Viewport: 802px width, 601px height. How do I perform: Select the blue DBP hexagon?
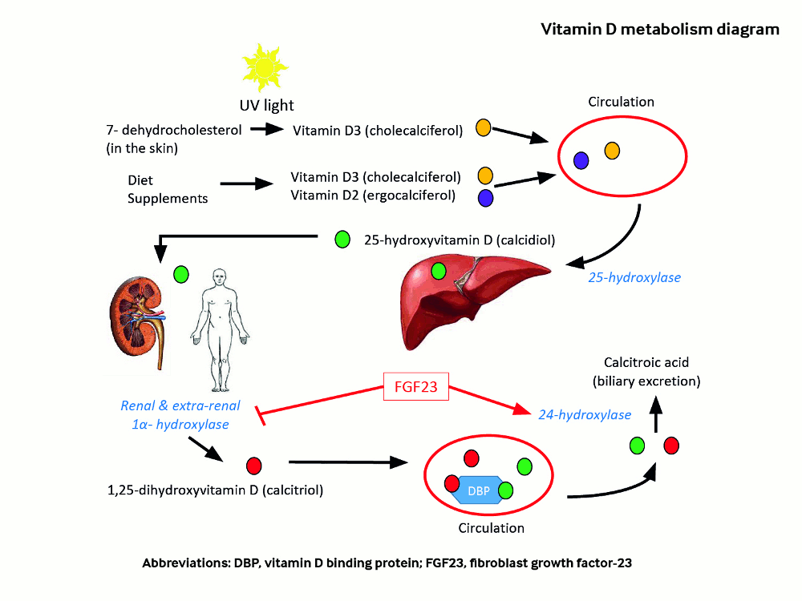tap(476, 490)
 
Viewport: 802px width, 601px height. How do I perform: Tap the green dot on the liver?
tap(439, 271)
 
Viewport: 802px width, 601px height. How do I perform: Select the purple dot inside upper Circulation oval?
tap(581, 160)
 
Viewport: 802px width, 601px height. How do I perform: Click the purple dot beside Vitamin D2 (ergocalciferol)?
tap(485, 197)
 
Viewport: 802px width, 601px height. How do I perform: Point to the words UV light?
tap(266, 105)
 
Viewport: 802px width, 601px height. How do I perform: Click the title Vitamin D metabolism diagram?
tap(660, 30)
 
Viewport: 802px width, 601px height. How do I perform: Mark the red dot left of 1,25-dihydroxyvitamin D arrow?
tap(253, 464)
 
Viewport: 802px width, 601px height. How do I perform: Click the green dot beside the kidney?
tap(181, 274)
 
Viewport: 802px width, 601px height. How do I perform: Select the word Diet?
tap(140, 180)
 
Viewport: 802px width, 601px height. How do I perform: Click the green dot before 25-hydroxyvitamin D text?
tap(342, 238)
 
